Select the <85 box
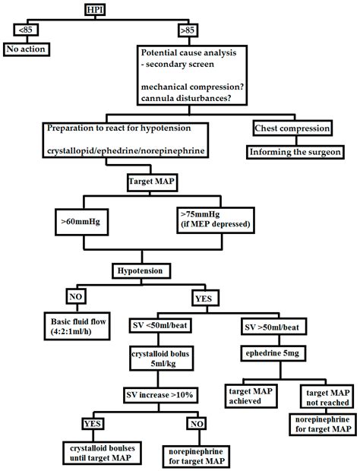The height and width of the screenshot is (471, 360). pyautogui.click(x=23, y=30)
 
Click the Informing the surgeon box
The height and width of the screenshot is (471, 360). pyautogui.click(x=294, y=152)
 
